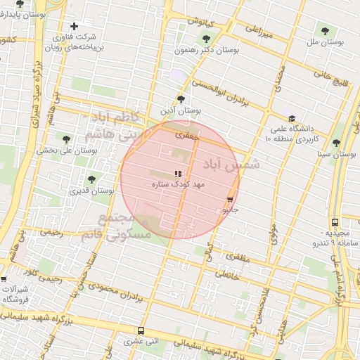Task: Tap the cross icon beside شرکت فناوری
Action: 74,26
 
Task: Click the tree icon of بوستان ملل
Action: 324,30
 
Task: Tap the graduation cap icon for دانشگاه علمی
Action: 292,118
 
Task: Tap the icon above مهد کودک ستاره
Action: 178,173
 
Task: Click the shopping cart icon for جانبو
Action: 230,200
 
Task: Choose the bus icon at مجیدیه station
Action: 335,221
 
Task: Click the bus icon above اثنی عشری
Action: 141,330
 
